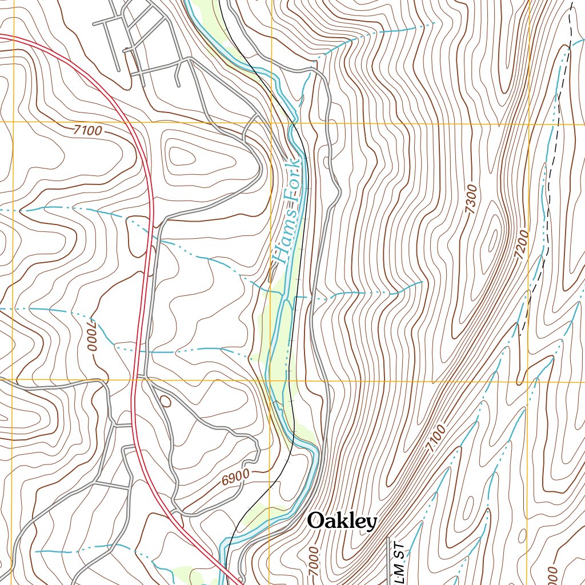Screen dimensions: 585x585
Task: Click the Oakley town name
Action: (x=342, y=521)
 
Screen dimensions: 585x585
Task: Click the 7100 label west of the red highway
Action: (x=88, y=131)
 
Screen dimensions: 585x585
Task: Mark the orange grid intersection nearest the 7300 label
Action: (x=528, y=124)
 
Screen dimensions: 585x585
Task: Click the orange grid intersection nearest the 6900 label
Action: (x=270, y=380)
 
